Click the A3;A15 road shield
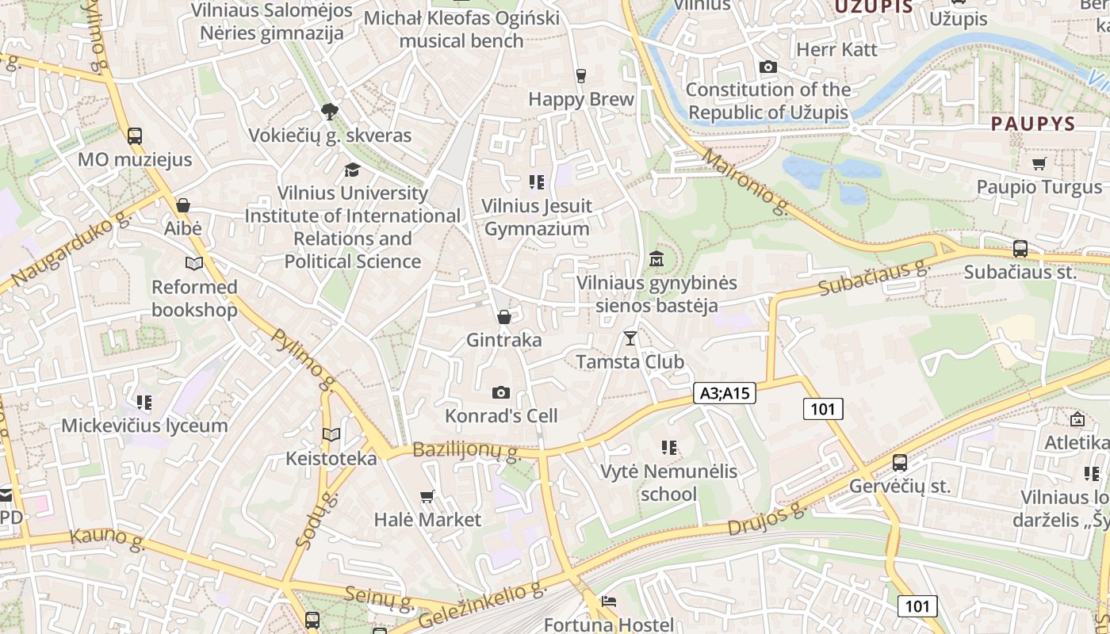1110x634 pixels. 725,392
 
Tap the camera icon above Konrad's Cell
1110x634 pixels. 500,392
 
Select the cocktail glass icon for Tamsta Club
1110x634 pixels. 630,338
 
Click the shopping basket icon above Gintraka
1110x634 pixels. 503,317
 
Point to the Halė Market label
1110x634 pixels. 427,520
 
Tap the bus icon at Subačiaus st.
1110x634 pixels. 1020,248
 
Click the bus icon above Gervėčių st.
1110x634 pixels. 900,463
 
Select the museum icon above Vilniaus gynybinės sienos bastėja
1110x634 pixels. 656,258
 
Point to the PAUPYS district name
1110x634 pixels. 1032,124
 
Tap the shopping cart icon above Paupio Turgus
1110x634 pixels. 1039,164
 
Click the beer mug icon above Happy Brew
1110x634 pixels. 581,75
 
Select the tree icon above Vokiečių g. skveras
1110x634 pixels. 330,111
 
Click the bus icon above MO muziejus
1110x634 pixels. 135,136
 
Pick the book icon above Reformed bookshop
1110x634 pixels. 194,263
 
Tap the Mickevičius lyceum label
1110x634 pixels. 144,426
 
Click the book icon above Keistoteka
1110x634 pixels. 331,434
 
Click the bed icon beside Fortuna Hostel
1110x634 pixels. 609,601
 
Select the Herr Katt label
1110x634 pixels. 836,49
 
